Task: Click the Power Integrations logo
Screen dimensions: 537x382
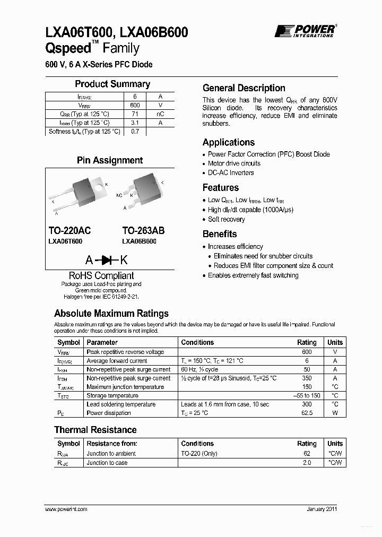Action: pos(305,31)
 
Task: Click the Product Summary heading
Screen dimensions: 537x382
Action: pos(112,84)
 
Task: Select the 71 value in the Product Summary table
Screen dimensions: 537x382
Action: pos(135,114)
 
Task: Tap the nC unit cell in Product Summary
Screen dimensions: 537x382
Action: pos(160,114)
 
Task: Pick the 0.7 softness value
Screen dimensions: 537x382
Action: pos(135,132)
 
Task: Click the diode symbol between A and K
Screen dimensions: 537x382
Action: pos(109,260)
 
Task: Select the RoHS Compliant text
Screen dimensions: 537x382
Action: pos(101,275)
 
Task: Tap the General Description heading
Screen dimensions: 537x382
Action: pos(244,88)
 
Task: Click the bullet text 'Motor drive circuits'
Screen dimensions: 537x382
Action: pos(234,163)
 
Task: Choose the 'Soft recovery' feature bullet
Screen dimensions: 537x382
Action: pos(226,219)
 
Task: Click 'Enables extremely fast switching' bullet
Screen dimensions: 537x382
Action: pos(253,275)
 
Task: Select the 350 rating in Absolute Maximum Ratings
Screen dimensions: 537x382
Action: pos(307,378)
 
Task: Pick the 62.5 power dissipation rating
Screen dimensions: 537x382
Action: pos(307,413)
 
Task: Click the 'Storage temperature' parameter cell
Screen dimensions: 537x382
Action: pos(112,396)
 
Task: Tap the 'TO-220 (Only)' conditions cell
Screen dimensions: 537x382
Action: pos(199,454)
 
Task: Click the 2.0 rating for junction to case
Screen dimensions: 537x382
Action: pos(307,463)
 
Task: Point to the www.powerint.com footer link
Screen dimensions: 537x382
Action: pos(66,509)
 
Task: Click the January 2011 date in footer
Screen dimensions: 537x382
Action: pos(322,509)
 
